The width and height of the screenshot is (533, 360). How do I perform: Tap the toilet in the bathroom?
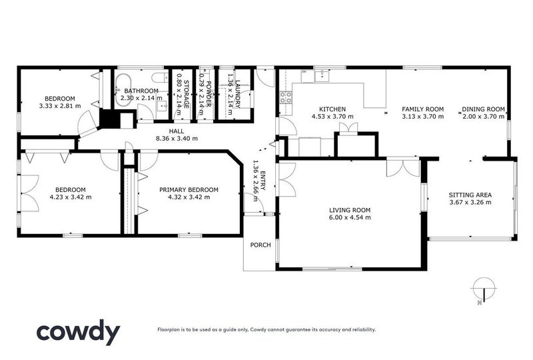pyautogui.click(x=154, y=77)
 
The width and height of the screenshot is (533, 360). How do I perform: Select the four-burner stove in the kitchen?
pyautogui.click(x=286, y=98)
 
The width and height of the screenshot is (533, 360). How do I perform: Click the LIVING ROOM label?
pyautogui.click(x=349, y=210)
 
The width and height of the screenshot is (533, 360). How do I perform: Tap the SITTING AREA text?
pyautogui.click(x=470, y=195)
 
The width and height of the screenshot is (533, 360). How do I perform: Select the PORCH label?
pyautogui.click(x=260, y=245)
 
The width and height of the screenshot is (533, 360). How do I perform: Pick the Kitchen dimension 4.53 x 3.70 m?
pyautogui.click(x=332, y=117)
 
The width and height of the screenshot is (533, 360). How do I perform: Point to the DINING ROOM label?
pyautogui.click(x=484, y=109)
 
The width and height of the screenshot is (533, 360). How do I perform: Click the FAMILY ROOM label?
pyautogui.click(x=422, y=109)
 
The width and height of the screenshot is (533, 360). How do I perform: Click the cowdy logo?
pyautogui.click(x=78, y=331)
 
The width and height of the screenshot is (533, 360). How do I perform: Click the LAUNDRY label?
pyautogui.click(x=237, y=93)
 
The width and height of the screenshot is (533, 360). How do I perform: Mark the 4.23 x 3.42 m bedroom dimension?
pyautogui.click(x=70, y=197)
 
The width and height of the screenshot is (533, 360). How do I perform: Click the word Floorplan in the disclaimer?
pyautogui.click(x=169, y=329)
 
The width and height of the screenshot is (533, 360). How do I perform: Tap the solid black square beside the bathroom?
pyautogui.click(x=107, y=119)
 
